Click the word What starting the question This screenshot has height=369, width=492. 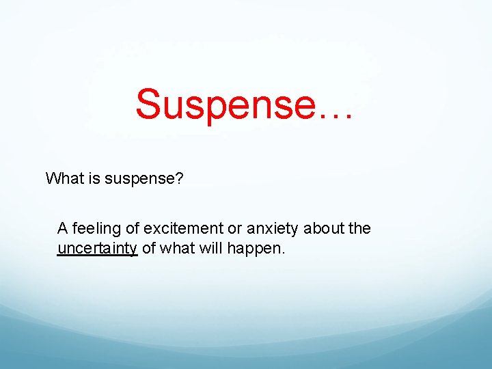tap(64, 179)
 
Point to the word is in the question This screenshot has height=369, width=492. tap(93, 179)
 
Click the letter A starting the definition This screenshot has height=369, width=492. tap(62, 228)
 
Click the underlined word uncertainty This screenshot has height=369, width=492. tap(98, 249)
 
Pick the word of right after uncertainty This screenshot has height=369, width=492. tap(149, 248)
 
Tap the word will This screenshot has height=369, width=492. tap(212, 248)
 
